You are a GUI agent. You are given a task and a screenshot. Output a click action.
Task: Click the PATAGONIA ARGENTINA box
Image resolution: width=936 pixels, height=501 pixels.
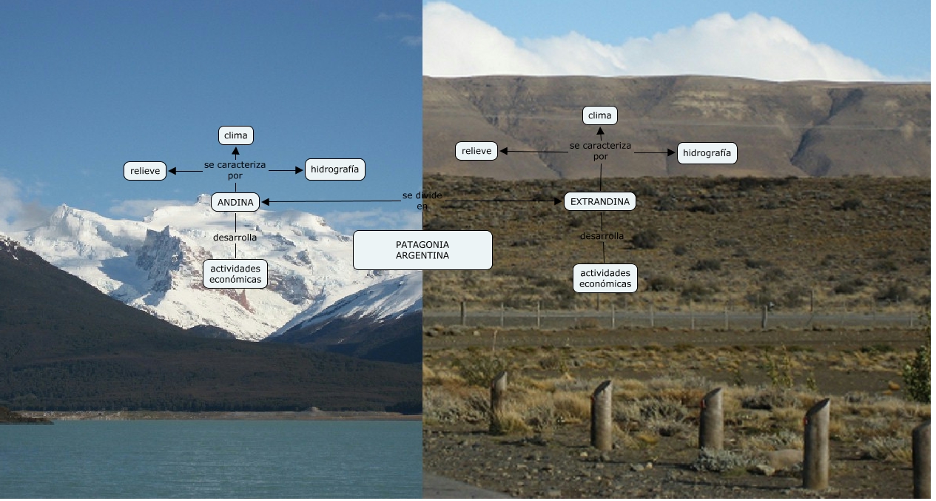tap(422, 250)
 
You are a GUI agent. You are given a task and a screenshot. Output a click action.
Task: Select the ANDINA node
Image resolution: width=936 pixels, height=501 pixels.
tap(235, 202)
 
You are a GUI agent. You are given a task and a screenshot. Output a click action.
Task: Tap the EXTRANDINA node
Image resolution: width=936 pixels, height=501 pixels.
tap(600, 201)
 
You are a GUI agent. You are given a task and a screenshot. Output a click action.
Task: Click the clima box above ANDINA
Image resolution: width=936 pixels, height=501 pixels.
tap(236, 135)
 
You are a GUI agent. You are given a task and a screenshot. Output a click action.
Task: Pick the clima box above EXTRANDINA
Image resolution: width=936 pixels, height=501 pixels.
tap(599, 115)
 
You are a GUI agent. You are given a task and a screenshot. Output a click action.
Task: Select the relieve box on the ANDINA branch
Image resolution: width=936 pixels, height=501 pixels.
tap(145, 171)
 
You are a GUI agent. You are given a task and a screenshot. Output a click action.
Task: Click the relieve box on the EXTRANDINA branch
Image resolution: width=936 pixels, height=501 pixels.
tap(477, 151)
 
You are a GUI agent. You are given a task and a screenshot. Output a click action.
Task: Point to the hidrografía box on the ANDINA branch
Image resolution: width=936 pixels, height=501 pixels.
tap(335, 169)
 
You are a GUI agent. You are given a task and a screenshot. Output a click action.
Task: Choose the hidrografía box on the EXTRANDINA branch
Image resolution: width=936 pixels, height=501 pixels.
tap(707, 153)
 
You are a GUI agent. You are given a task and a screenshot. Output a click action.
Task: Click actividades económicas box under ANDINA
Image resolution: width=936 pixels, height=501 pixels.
tap(235, 274)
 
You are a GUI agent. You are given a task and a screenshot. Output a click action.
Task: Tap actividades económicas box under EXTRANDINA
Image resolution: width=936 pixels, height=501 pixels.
tap(605, 278)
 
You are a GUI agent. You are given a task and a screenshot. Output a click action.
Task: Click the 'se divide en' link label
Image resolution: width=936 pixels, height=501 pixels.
tap(422, 200)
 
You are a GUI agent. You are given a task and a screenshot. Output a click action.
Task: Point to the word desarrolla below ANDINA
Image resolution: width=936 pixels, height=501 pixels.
tap(235, 238)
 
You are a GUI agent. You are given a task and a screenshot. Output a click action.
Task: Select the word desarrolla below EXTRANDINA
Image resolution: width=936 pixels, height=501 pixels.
tap(602, 236)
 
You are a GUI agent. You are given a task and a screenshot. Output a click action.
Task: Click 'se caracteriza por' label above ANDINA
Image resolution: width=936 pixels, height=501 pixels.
tap(235, 169)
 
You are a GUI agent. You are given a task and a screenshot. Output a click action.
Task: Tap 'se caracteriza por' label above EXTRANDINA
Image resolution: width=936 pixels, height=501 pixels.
tap(600, 151)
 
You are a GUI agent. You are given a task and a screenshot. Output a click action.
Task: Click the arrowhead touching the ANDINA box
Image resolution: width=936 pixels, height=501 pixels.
tap(265, 201)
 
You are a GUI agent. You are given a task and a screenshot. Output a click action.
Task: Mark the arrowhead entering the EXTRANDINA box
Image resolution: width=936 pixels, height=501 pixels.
tap(559, 201)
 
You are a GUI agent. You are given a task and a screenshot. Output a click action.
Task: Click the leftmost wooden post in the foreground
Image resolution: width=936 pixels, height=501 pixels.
tap(499, 400)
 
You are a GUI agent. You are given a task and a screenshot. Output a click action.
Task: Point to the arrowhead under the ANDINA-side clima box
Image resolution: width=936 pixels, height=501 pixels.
tap(236, 150)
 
